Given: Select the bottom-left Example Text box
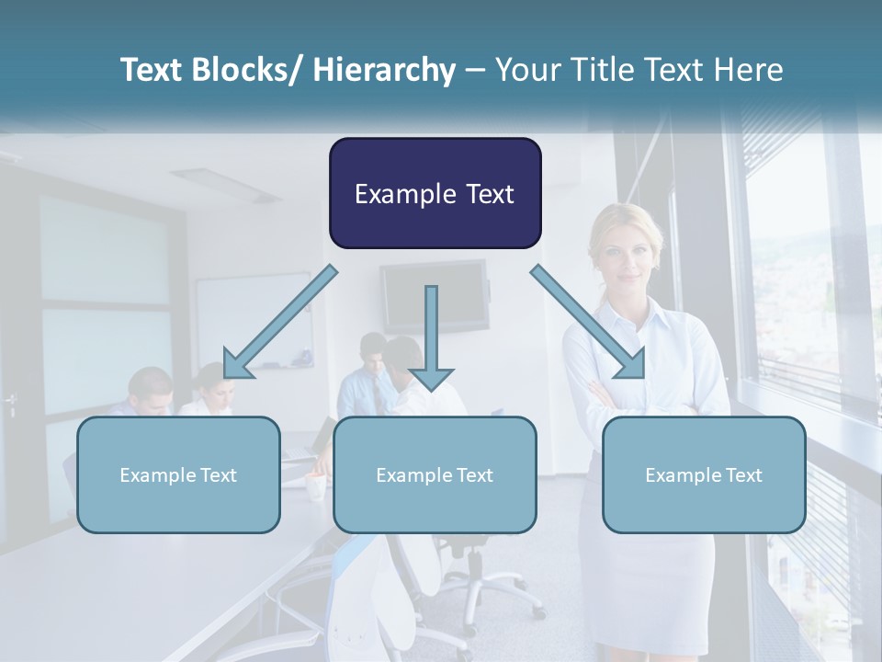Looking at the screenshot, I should (178, 474).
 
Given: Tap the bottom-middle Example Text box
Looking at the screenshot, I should (435, 474).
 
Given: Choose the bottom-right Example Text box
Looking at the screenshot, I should (704, 474).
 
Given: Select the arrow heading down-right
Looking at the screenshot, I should (588, 322).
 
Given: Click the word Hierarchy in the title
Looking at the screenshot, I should (384, 70).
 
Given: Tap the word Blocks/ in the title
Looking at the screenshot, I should (246, 70).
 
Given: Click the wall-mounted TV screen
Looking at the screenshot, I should (435, 294).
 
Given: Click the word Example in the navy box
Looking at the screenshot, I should (403, 194).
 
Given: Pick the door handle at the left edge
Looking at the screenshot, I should (10, 402).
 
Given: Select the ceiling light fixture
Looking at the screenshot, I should (225, 184).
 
